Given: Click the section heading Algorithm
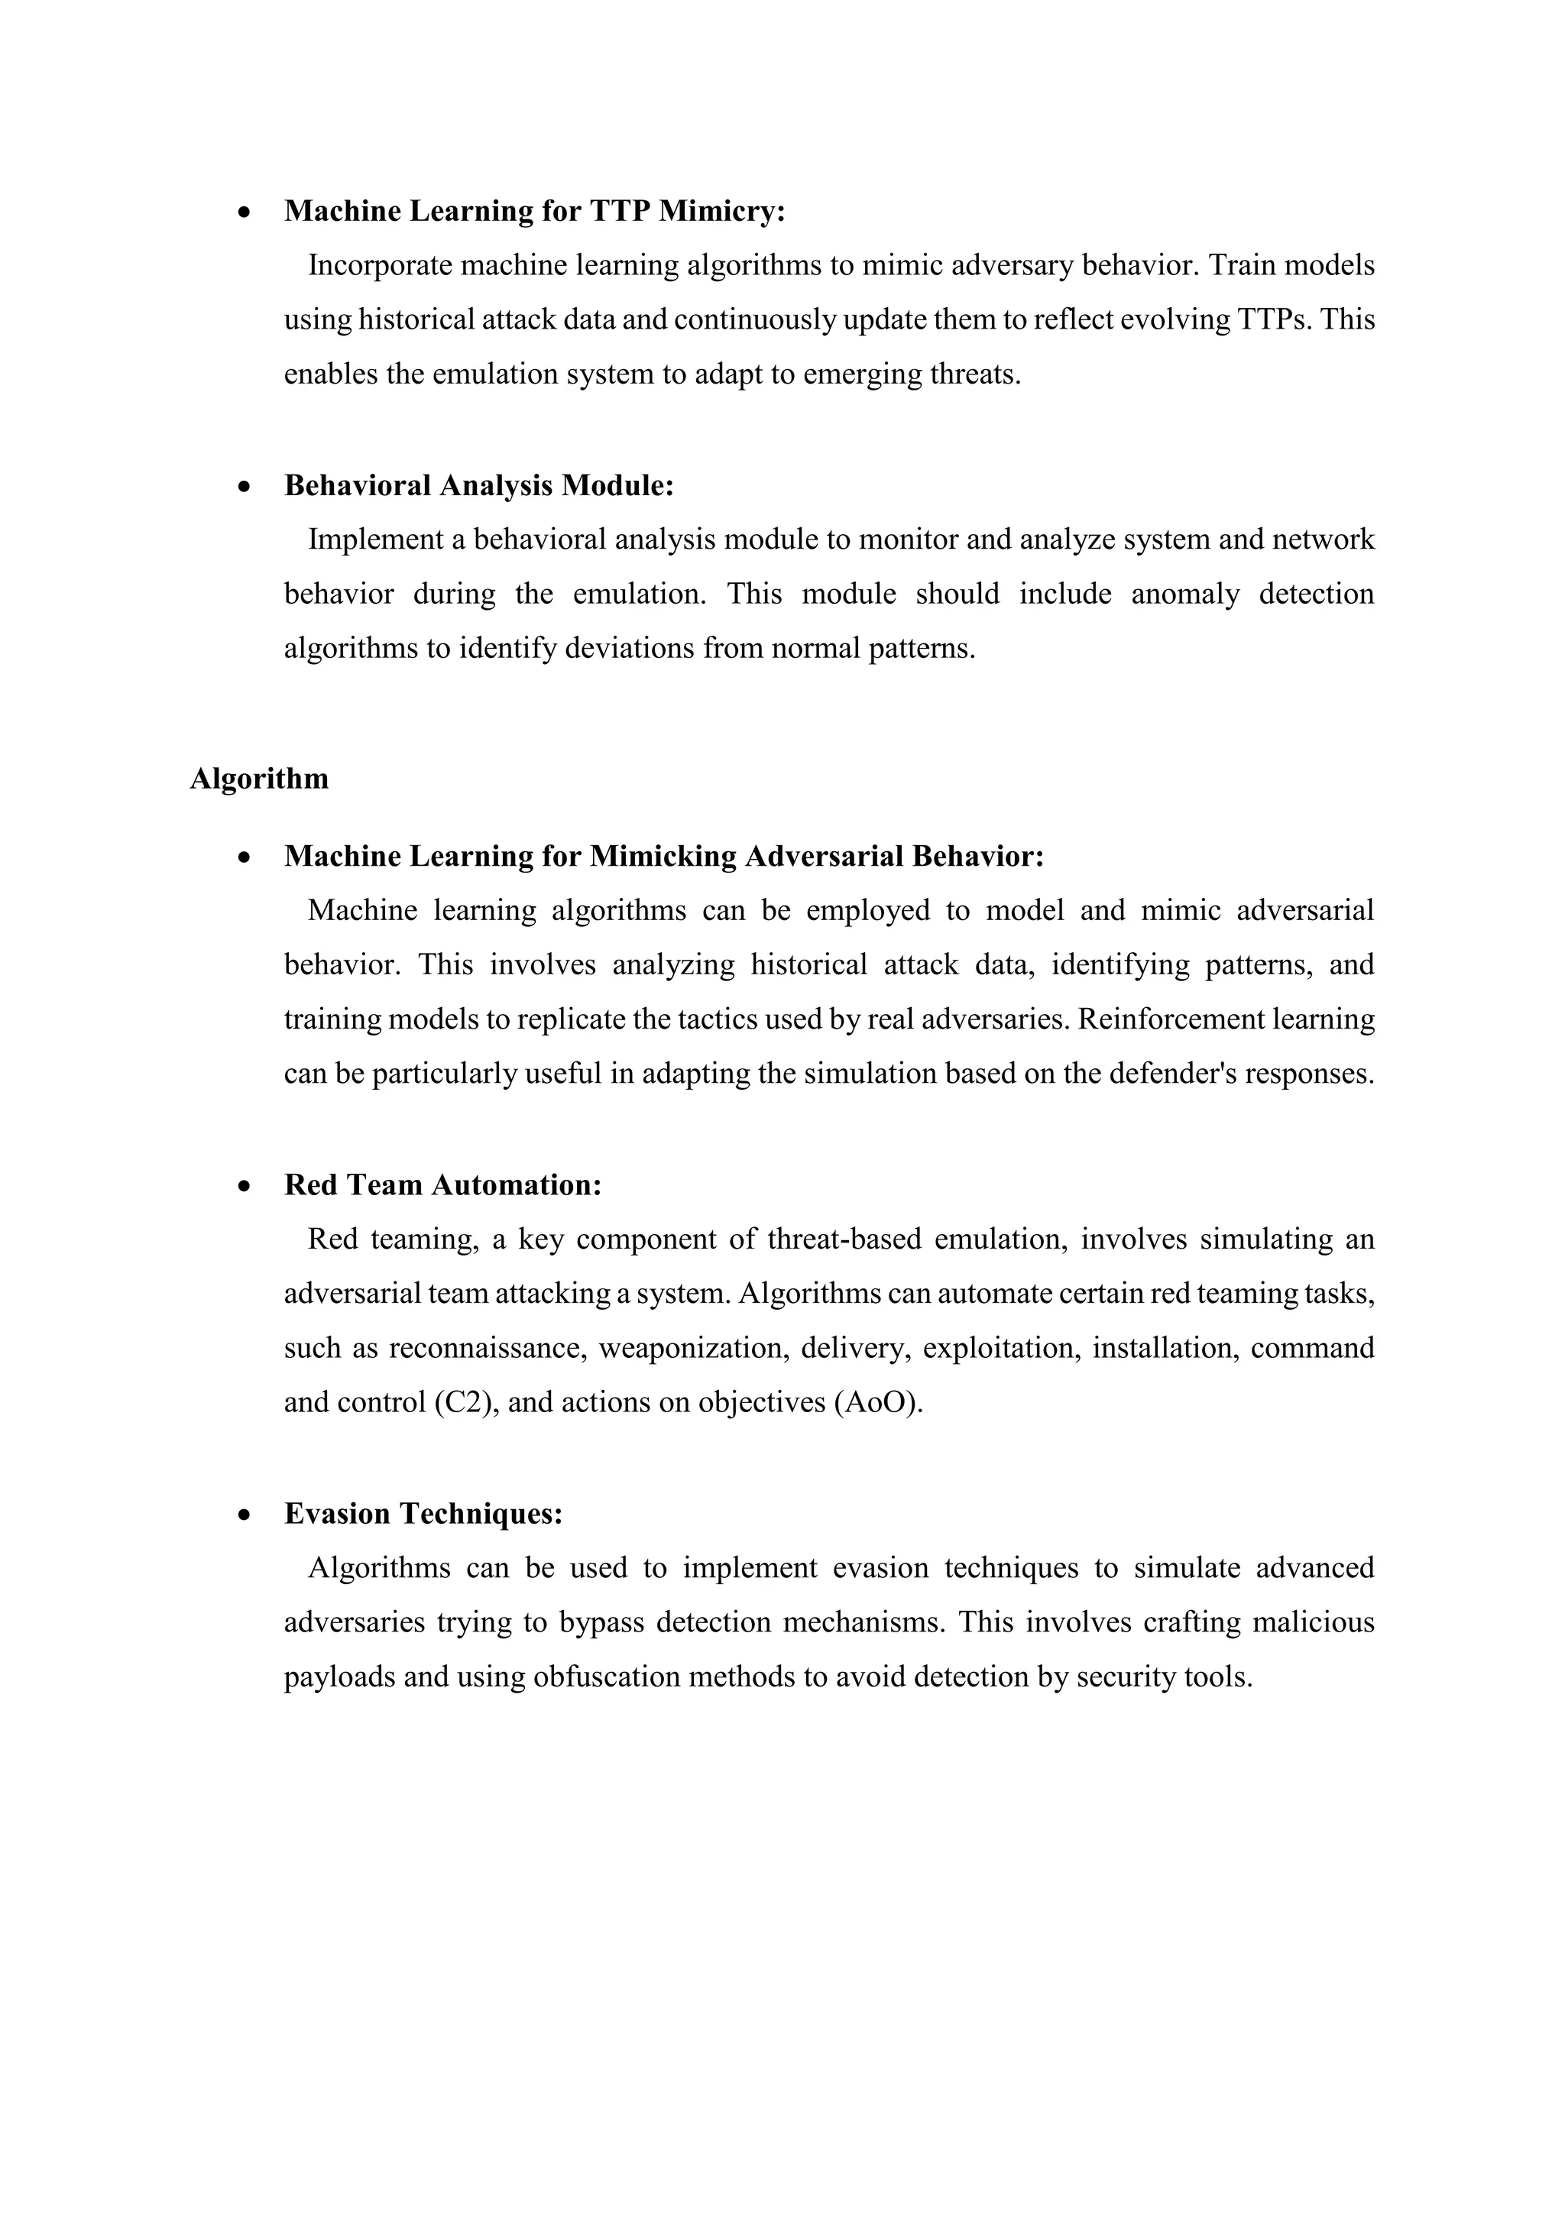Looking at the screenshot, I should point(259,779).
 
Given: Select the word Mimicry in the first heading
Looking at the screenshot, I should point(722,211).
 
